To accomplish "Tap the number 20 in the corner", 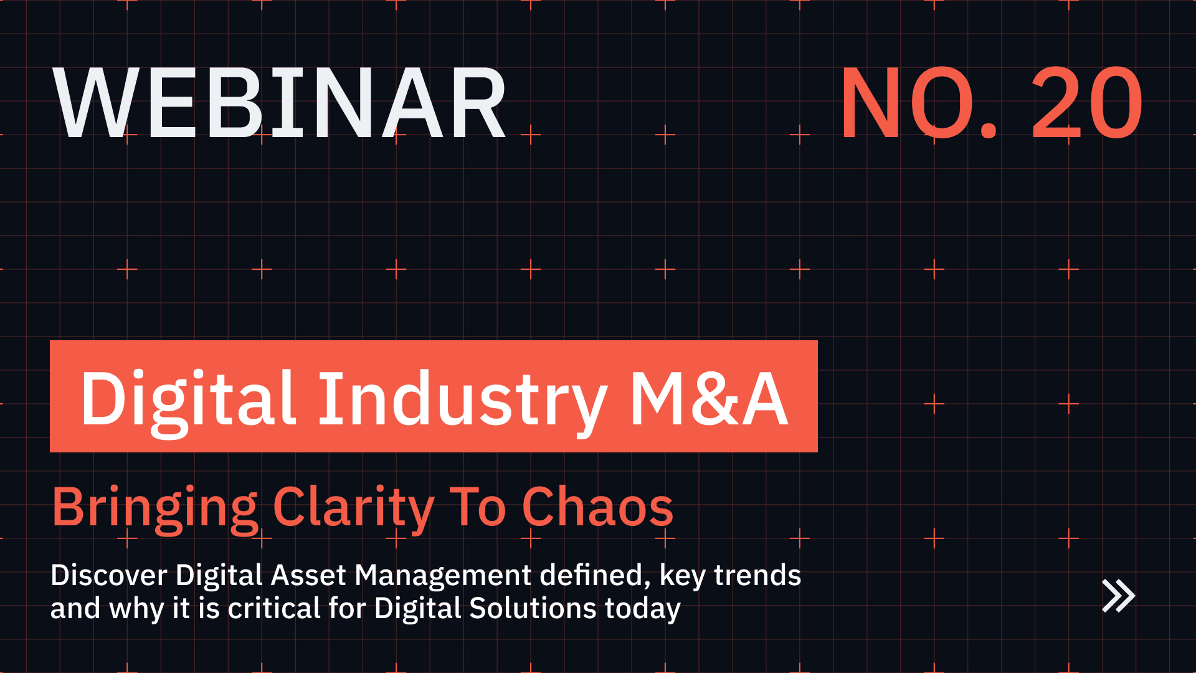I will pos(1086,103).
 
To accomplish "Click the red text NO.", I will pos(919,103).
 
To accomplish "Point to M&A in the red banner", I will pos(709,399).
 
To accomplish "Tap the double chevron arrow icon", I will pos(1118,596).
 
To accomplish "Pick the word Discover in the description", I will pos(108,575).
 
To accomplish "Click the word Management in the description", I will pos(442,575).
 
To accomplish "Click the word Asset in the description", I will pos(308,575).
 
